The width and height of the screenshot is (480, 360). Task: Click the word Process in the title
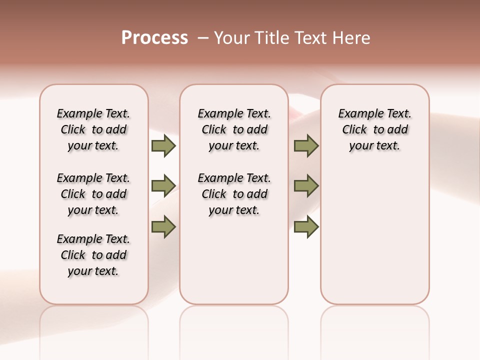pyautogui.click(x=154, y=38)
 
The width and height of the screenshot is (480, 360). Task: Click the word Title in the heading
pyautogui.click(x=269, y=38)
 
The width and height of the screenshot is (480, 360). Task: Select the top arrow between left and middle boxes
pyautogui.click(x=163, y=145)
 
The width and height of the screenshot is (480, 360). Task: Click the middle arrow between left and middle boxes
pyautogui.click(x=163, y=186)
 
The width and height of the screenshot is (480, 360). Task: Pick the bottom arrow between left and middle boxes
pyautogui.click(x=163, y=226)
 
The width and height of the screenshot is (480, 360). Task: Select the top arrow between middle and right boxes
pyautogui.click(x=306, y=145)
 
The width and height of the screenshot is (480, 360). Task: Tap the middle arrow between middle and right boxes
pyautogui.click(x=306, y=186)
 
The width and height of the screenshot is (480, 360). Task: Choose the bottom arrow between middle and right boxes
pyautogui.click(x=306, y=226)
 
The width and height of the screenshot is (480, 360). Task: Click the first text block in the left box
pyautogui.click(x=93, y=129)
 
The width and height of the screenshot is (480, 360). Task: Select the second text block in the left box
pyautogui.click(x=93, y=194)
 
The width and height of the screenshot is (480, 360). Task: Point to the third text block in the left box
pyautogui.click(x=93, y=255)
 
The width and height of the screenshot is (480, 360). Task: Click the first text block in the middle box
pyautogui.click(x=234, y=129)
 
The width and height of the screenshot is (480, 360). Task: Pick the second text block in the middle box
pyautogui.click(x=234, y=194)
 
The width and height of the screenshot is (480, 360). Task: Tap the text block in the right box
pyautogui.click(x=375, y=129)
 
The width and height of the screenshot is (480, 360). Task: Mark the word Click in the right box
pyautogui.click(x=354, y=130)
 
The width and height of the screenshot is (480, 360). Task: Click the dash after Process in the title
pyautogui.click(x=202, y=38)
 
